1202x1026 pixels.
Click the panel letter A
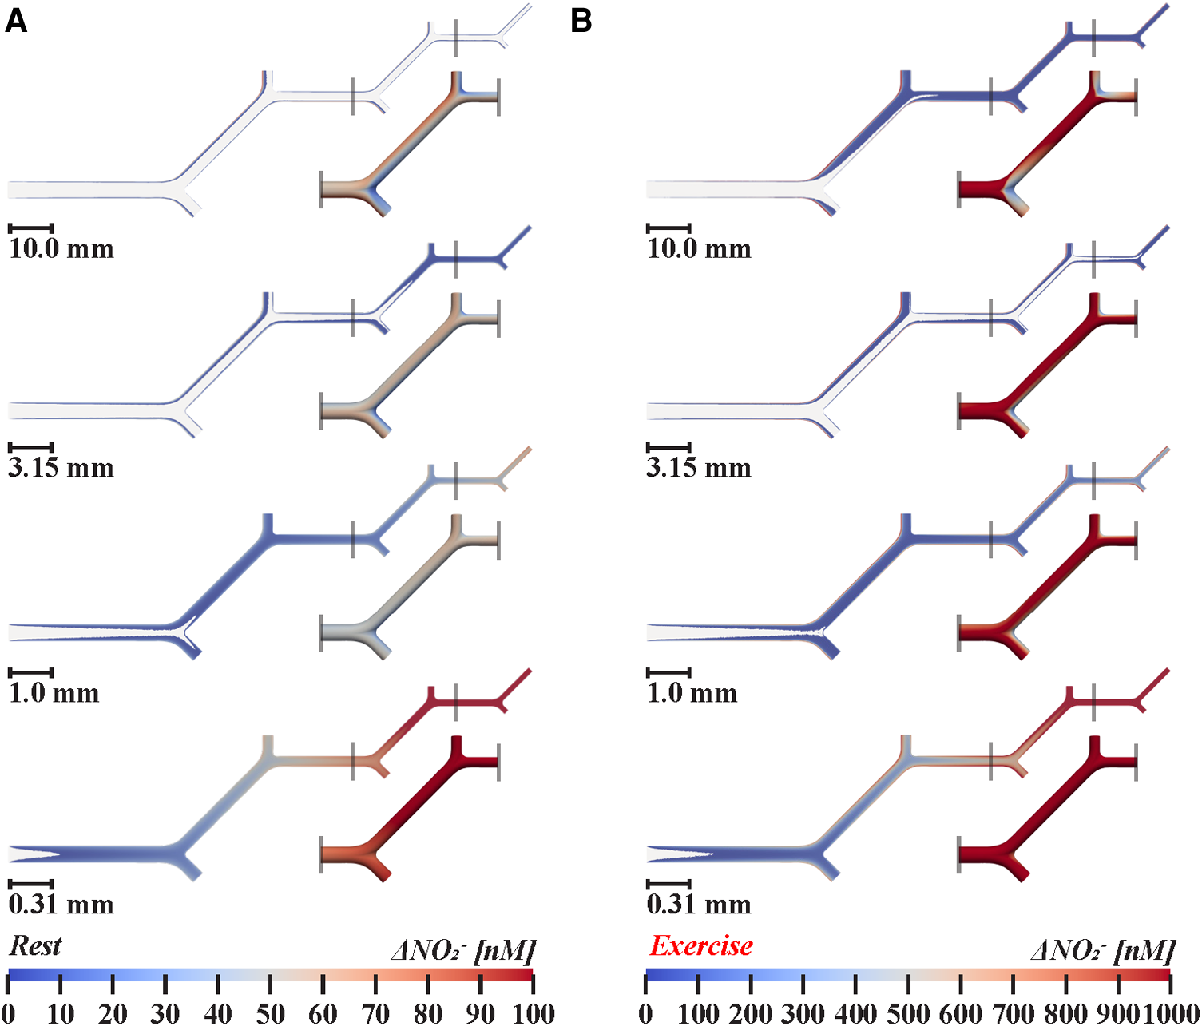click(16, 21)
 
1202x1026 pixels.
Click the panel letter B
click(581, 21)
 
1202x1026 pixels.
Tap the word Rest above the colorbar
click(35, 946)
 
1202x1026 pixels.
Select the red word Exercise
click(700, 946)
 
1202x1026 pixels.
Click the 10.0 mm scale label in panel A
click(61, 248)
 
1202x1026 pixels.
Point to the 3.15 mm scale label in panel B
click(699, 467)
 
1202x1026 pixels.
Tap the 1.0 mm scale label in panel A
click(54, 692)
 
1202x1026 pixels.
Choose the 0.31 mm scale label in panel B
click(699, 904)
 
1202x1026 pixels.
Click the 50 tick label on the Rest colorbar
click(270, 1013)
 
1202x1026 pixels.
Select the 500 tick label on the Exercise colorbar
click(908, 1013)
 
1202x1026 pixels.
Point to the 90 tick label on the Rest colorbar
click(480, 1013)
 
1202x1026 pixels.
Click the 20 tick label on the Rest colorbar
click(113, 1013)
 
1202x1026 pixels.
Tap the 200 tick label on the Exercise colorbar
click(751, 1013)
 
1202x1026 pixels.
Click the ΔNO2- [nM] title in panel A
click(463, 950)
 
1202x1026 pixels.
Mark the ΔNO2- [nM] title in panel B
click(1103, 950)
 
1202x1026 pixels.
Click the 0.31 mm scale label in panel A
click(61, 904)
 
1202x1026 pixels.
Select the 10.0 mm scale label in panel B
click(699, 248)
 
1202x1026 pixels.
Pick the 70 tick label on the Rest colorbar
click(375, 1013)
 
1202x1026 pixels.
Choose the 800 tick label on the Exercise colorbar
click(1065, 1013)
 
